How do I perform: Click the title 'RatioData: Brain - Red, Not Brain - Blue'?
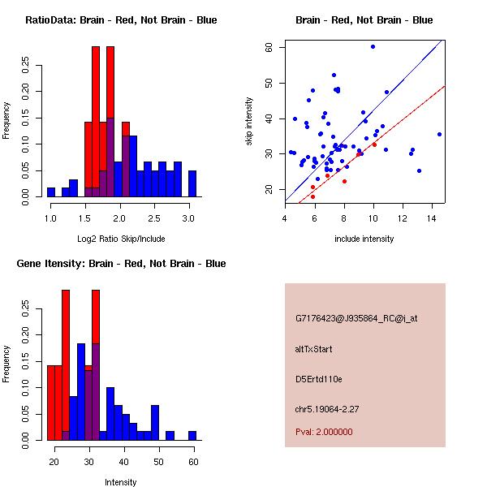coord(121,19)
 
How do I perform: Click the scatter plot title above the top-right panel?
coord(364,19)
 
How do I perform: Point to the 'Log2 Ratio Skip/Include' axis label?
coord(121,239)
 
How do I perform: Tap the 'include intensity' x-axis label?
coord(364,239)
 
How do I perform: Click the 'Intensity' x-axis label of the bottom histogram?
coord(121,482)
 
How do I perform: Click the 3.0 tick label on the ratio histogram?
coord(188,219)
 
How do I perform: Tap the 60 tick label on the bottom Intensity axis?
coord(192,463)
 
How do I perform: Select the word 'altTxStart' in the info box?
coord(314,349)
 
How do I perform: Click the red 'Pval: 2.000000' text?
coord(324,432)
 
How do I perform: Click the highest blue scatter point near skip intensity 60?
coord(373,47)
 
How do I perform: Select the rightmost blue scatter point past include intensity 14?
coord(439,134)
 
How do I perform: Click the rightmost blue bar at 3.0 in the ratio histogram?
coord(192,183)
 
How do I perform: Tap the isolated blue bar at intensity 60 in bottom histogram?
coord(192,435)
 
